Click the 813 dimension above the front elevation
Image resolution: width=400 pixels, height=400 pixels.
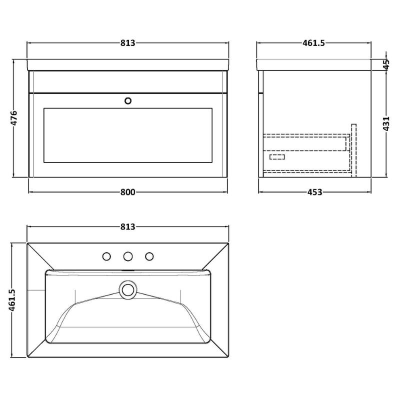point(128,43)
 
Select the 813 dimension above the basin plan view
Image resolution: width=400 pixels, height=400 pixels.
point(128,226)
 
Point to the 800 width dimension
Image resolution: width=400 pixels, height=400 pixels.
point(128,192)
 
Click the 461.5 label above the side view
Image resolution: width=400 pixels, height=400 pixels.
point(314,43)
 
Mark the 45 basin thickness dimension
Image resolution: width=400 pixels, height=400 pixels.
point(386,64)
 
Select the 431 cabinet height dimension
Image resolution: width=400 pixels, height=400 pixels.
point(386,123)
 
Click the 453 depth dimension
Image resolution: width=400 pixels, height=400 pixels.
point(315,192)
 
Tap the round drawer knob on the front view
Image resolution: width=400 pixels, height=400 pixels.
point(128,101)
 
